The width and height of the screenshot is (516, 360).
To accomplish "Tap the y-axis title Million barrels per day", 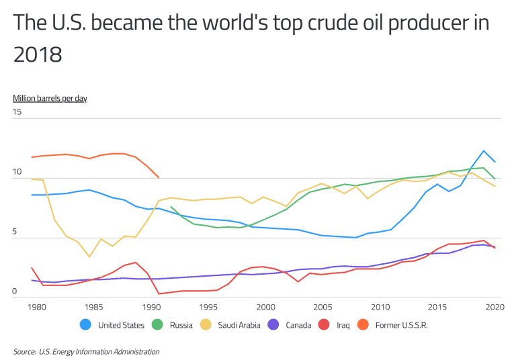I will (x=50, y=98).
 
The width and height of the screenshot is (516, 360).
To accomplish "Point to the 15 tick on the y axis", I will (x=17, y=111).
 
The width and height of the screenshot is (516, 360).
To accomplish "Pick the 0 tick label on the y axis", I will (x=15, y=291).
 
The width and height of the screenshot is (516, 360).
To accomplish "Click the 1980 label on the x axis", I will (x=36, y=307).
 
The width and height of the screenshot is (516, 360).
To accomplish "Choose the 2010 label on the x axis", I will (x=380, y=307).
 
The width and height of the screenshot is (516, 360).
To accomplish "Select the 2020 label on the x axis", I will (x=494, y=307).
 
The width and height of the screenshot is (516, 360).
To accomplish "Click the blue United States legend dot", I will (x=85, y=325).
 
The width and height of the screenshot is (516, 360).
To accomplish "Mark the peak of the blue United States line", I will (x=483, y=150).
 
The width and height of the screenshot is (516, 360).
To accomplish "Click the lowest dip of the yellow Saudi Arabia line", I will (x=89, y=257).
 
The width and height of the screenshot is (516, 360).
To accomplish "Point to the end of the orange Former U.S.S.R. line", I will (x=159, y=178).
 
